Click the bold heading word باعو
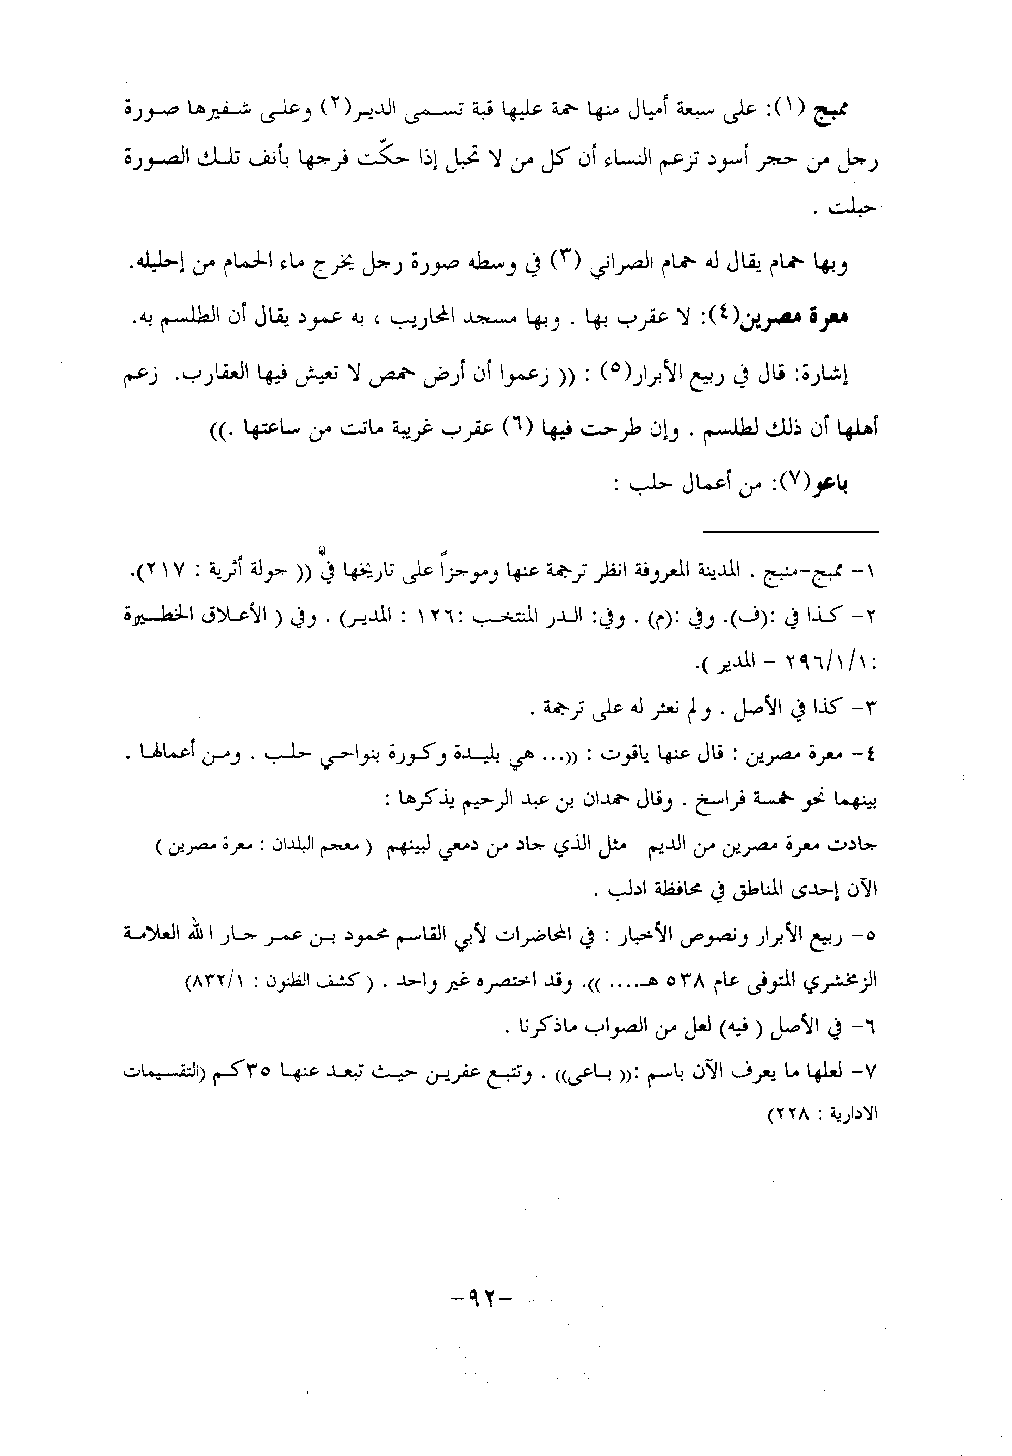831,484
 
